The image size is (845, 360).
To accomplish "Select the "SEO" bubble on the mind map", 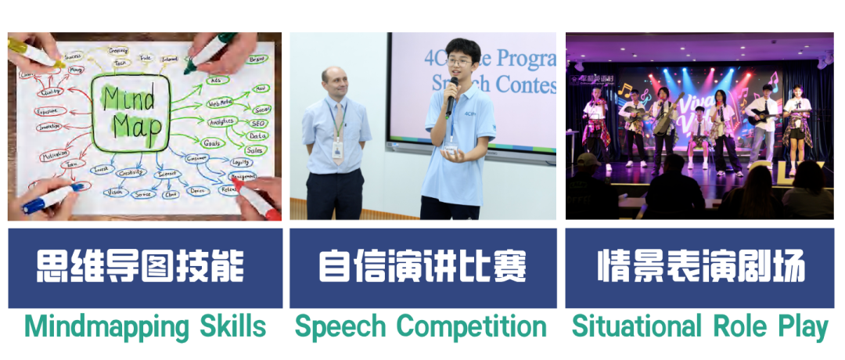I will point(259,123).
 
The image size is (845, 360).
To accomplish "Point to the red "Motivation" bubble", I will point(55,154).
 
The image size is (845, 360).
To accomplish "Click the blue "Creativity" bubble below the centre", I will point(131,172).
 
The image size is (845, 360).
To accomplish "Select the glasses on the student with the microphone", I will point(460,62).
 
